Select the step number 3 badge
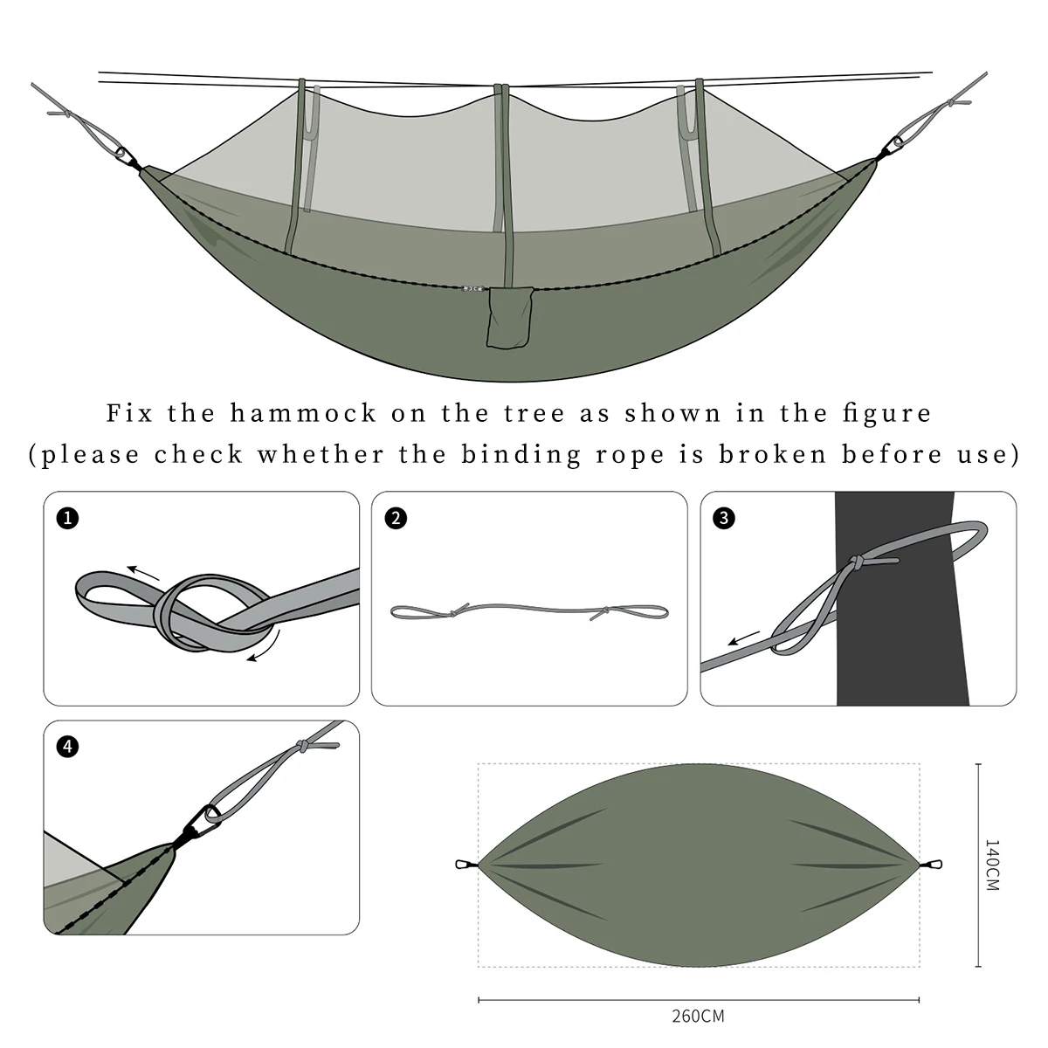724,518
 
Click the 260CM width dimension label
698,1016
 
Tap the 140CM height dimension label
993,865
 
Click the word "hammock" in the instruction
303,413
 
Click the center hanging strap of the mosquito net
501,157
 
